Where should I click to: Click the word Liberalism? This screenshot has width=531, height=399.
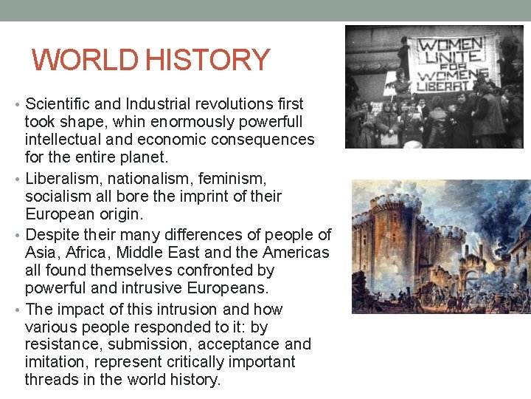[x=62, y=179]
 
